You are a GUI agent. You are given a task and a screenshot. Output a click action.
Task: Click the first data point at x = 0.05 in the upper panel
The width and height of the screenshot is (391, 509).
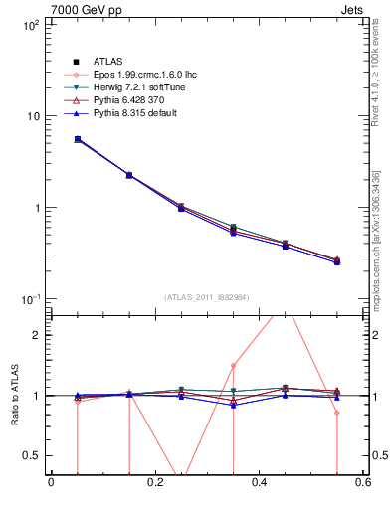tap(78, 140)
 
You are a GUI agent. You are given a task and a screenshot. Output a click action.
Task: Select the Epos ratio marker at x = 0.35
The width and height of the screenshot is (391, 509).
tap(233, 365)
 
